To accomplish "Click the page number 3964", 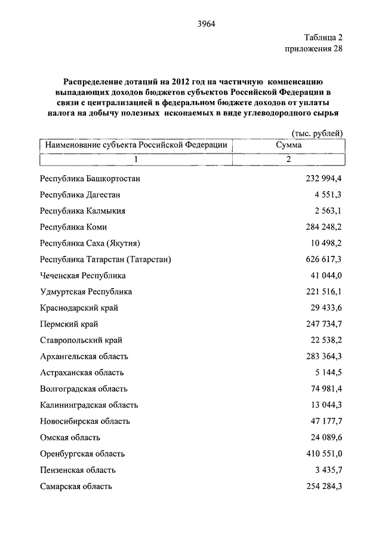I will [205, 24].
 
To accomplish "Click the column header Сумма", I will [288, 145].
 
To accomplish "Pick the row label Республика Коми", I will [73, 227].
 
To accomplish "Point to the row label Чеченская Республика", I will [82, 276].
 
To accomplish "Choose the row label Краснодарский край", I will [79, 308].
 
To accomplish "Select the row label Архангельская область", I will [84, 356].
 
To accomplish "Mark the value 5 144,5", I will [328, 372].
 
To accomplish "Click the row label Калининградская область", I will [89, 405].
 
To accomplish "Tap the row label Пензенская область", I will [78, 470].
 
